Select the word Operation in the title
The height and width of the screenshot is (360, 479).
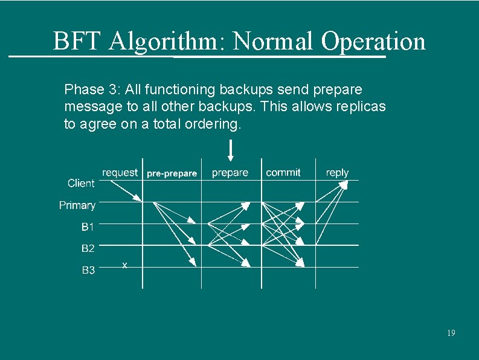tap(373, 42)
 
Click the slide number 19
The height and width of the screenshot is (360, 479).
tap(451, 333)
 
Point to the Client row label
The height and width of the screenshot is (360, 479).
tap(81, 183)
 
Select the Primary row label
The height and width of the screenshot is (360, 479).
tap(77, 205)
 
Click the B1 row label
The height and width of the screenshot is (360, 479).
tap(88, 227)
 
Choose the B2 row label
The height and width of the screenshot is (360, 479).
tap(88, 248)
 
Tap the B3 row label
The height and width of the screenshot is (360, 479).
tap(88, 270)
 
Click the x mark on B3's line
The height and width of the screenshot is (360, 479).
tap(124, 265)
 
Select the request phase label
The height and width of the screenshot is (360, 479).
tap(120, 173)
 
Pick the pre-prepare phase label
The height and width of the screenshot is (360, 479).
tap(172, 173)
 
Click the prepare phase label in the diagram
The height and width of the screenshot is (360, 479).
tap(230, 173)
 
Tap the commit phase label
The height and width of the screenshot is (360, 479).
tap(283, 173)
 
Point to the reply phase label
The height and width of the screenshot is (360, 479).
tap(337, 173)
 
